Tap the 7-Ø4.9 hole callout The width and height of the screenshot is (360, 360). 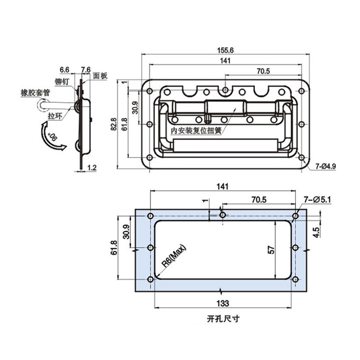point(326,166)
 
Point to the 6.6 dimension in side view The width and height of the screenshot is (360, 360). point(64,70)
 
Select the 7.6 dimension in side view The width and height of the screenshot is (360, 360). point(86,70)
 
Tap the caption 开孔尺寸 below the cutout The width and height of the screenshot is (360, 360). point(223,319)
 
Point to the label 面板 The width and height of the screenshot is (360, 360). point(100,76)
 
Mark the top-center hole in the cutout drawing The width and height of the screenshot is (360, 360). point(222,215)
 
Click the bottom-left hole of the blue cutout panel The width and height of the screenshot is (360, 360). point(150,279)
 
